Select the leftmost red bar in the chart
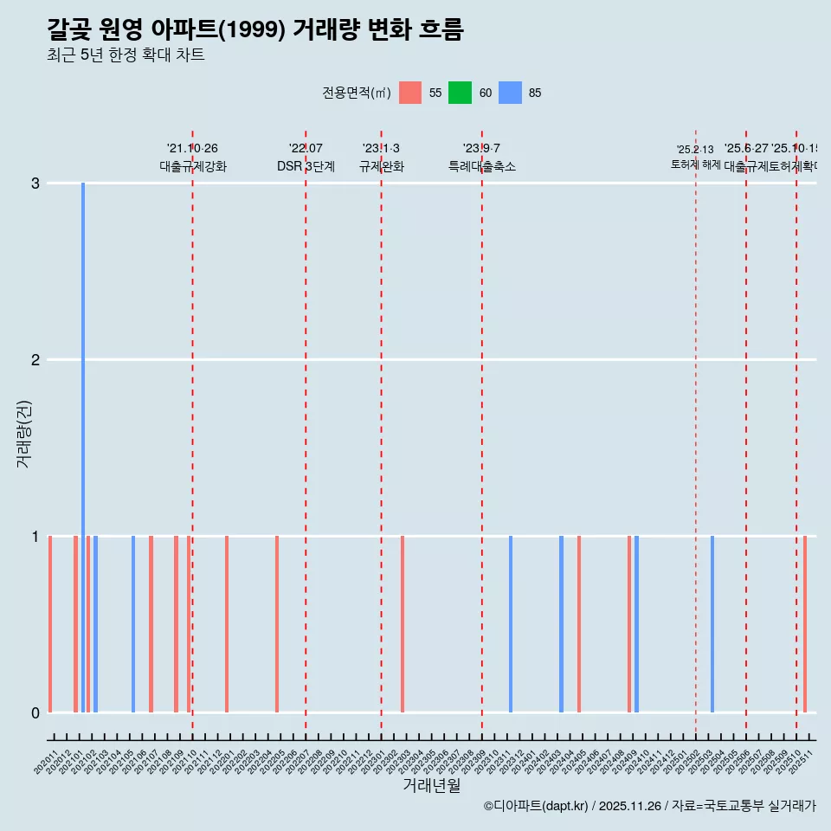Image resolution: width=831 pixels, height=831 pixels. (x=50, y=624)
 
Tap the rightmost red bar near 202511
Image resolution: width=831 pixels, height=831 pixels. (x=805, y=624)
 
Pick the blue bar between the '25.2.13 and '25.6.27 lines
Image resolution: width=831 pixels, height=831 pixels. (x=712, y=624)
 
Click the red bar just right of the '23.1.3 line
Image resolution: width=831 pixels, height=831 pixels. (x=403, y=624)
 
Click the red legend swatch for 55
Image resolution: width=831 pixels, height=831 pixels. (x=410, y=93)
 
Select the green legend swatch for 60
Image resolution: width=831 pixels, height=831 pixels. (x=460, y=93)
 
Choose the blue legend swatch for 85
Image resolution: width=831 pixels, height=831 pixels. (x=510, y=93)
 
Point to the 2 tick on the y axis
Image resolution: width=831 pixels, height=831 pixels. (x=35, y=360)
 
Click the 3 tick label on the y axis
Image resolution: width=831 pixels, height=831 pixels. (x=35, y=184)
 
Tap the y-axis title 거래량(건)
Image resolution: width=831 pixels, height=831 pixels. (x=24, y=433)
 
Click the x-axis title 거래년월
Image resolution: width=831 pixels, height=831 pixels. (x=431, y=785)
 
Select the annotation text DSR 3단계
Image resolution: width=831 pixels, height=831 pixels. (x=306, y=166)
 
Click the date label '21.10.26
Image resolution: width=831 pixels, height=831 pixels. (x=192, y=149)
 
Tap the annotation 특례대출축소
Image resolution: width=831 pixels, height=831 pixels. (x=481, y=166)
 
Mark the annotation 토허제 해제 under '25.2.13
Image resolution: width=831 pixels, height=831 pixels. (x=695, y=164)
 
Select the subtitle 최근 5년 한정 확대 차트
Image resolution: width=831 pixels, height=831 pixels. (x=126, y=56)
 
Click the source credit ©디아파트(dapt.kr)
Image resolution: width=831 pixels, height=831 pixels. (x=536, y=806)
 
